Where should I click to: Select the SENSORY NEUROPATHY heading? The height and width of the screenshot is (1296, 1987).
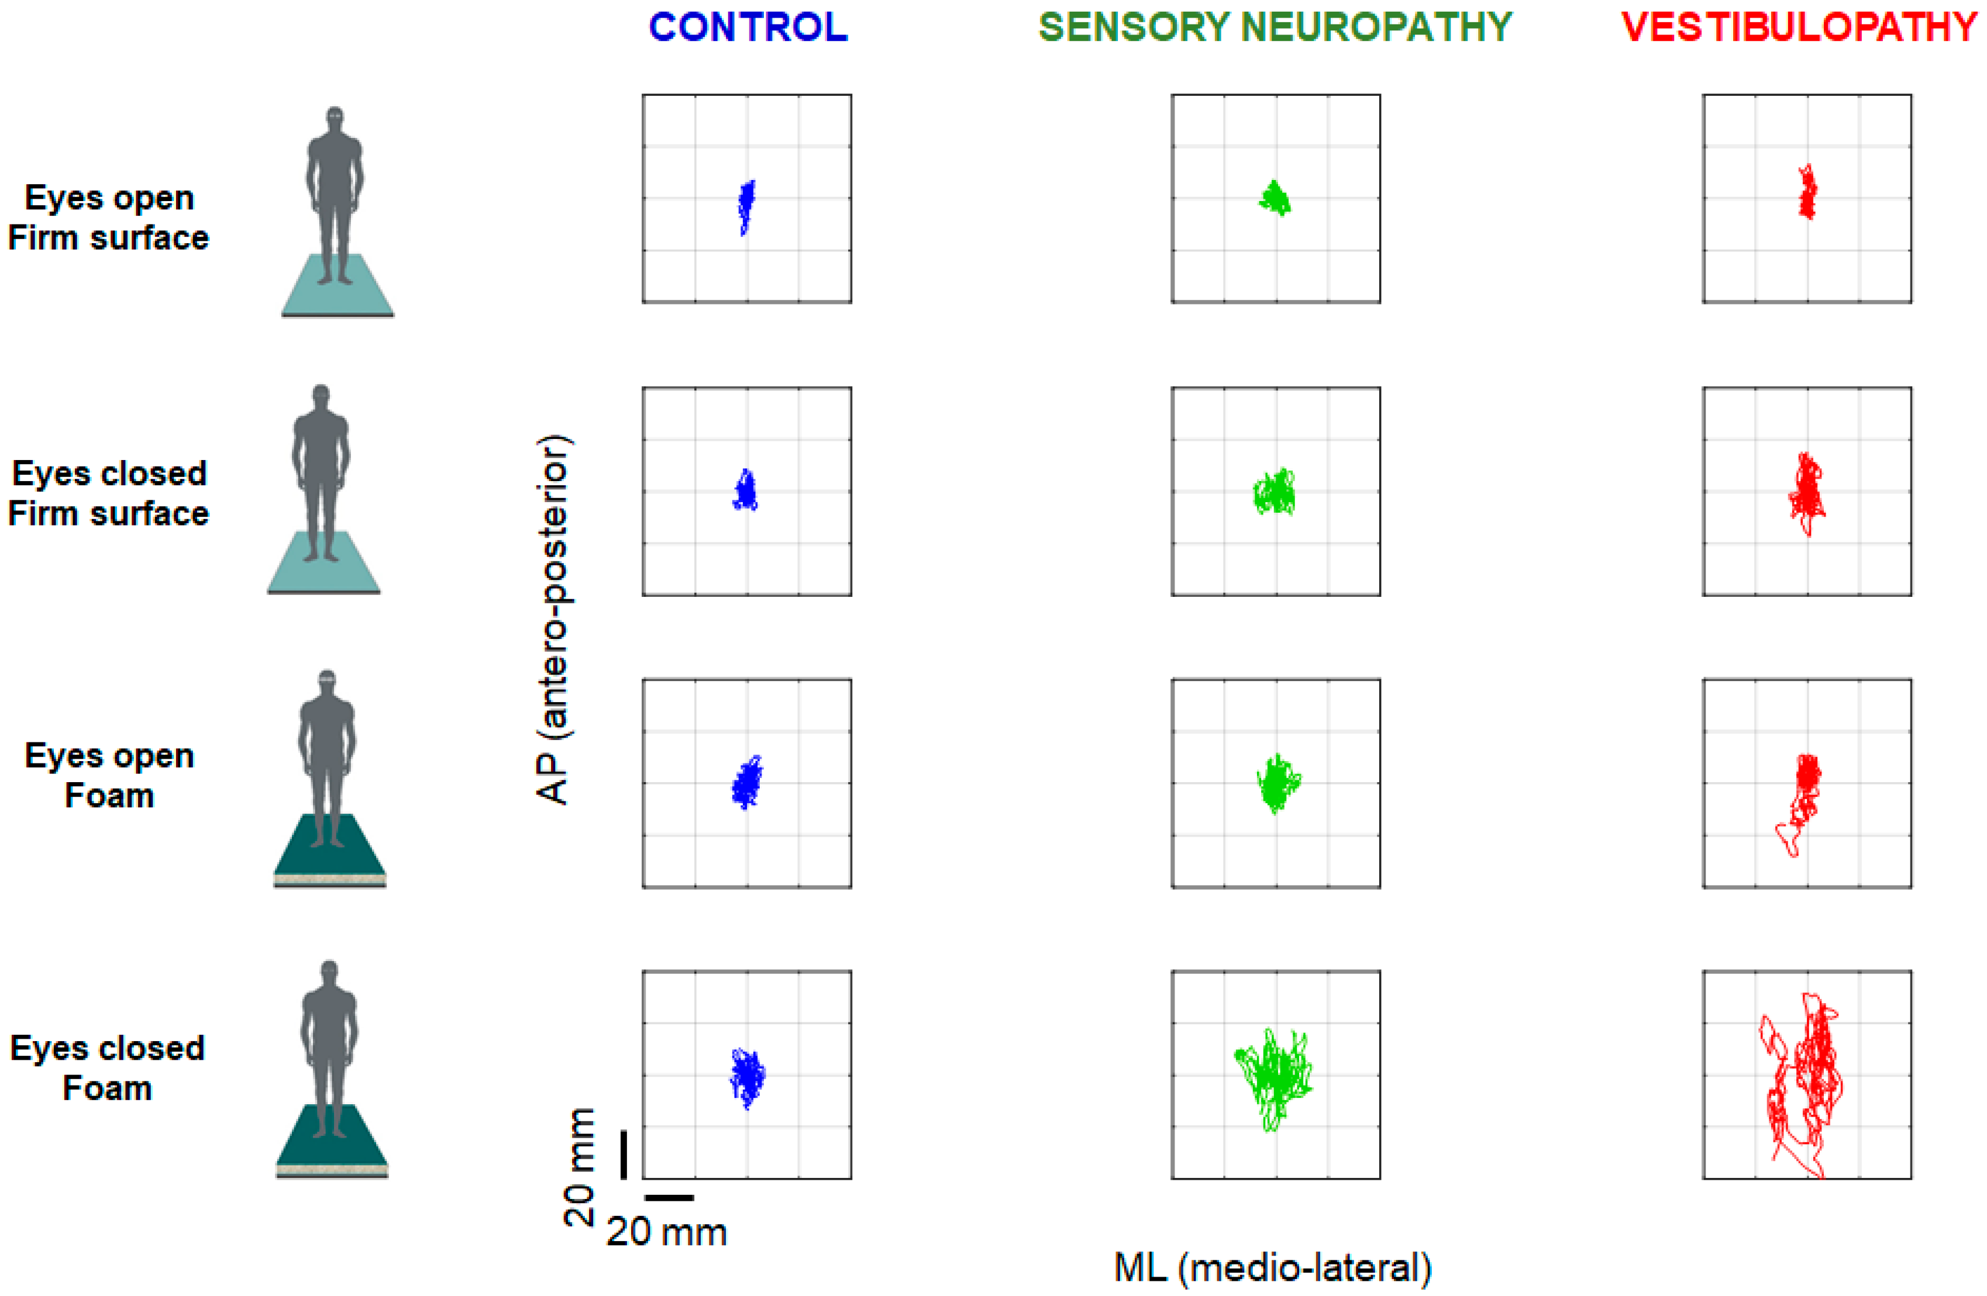1275,27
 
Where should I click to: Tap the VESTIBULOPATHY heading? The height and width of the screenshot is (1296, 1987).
1799,27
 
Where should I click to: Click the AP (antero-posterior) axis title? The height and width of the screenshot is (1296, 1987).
553,619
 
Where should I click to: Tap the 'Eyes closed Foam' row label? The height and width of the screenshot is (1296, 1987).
108,1068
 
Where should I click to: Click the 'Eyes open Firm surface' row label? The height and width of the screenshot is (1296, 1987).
109,218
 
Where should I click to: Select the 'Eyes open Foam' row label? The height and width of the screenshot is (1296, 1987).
109,775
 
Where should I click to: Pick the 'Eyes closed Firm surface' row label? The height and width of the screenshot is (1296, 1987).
109,493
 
